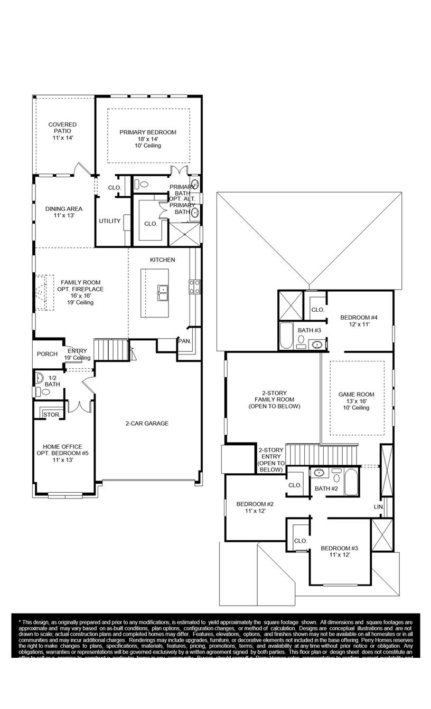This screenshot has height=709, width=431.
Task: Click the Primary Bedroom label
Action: (148, 132)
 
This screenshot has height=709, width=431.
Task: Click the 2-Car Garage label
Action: (147, 423)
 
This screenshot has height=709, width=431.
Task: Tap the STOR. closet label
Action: (51, 415)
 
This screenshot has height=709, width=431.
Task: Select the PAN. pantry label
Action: (184, 341)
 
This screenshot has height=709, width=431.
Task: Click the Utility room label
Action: (110, 221)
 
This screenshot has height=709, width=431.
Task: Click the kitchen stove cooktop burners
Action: (194, 286)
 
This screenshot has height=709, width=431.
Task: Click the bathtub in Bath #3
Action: (286, 336)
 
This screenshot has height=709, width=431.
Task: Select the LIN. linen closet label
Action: (378, 506)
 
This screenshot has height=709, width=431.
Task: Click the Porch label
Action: (47, 354)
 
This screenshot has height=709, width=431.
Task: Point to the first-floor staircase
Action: (111, 350)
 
